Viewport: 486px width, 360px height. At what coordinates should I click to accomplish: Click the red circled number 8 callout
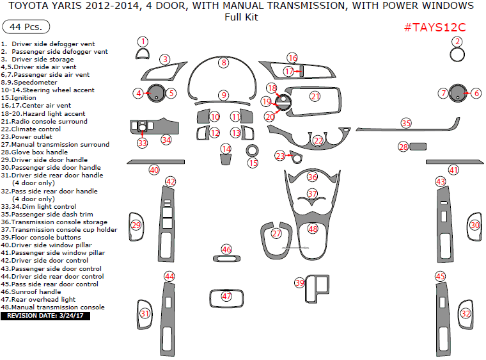coord(223,63)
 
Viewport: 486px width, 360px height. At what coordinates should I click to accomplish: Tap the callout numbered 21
coord(315,97)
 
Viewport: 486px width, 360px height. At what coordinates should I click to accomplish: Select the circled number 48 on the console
coord(313,229)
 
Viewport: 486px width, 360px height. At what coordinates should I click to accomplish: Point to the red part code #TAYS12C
coord(435,28)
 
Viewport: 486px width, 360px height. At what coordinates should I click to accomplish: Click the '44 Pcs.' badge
coord(26,28)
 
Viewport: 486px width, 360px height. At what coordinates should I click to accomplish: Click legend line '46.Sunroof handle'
coord(31,292)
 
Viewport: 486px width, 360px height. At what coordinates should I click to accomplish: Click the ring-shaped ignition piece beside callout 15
coord(252,151)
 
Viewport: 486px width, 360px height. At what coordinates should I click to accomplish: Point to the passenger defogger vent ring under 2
coord(457,54)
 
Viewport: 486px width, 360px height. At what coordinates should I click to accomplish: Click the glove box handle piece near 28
coord(418,147)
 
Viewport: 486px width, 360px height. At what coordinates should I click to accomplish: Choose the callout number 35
coord(406,122)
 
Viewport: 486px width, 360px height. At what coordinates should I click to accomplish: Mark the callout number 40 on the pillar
coord(154,170)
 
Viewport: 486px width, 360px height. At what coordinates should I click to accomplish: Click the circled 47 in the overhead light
coord(226,296)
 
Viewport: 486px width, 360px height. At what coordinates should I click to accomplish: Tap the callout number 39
coord(299,282)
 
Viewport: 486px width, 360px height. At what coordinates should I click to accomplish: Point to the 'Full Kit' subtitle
coord(242,17)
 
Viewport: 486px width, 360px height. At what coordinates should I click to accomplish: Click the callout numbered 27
coord(276,234)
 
